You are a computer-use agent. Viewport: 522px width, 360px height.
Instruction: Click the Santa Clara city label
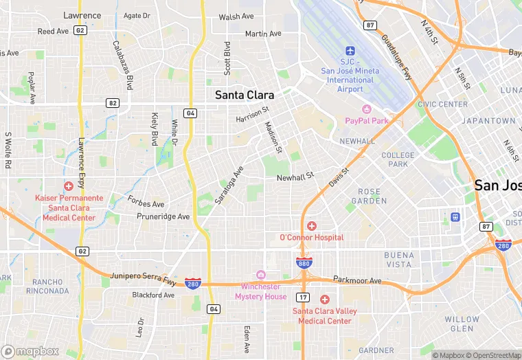pos(244,95)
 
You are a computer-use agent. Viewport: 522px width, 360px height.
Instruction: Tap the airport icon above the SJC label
pos(350,52)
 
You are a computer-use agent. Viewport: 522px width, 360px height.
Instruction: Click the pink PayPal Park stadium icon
pos(366,109)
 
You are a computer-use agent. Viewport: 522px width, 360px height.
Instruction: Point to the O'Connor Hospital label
pos(311,238)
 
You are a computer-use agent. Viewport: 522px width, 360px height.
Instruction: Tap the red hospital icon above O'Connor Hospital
pos(311,226)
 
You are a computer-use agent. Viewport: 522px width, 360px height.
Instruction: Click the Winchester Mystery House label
pos(261,291)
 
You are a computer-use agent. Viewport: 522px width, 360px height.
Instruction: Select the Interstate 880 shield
pos(303,263)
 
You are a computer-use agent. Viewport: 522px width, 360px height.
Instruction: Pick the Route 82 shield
pos(112,102)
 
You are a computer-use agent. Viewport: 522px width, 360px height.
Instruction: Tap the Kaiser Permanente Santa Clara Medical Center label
pos(69,207)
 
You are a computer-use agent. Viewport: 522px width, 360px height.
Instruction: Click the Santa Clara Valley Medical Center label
pos(325,316)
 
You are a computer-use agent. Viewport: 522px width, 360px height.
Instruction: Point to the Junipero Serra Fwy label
pos(144,279)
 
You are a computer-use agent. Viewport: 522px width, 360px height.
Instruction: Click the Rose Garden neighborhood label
pos(369,196)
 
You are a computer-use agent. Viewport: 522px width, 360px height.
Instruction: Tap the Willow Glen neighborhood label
pos(462,324)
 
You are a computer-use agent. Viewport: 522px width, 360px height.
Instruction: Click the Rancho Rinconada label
pos(47,286)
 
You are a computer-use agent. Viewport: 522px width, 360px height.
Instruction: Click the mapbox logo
pos(31,351)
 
